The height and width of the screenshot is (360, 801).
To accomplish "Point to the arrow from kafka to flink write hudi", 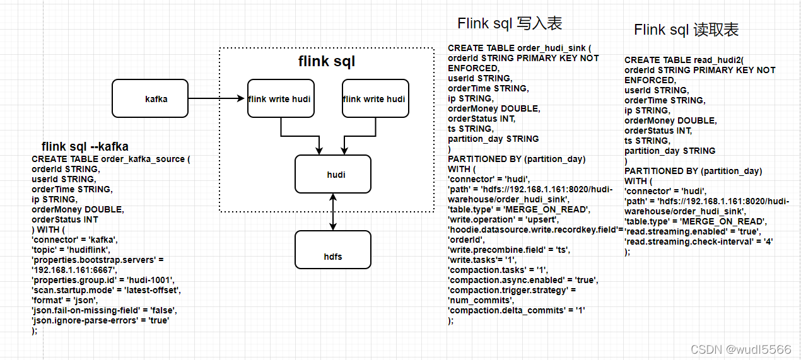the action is point(216,98).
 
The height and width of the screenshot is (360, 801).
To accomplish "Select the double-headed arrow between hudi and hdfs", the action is point(333,212).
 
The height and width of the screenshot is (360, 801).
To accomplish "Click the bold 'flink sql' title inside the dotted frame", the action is point(327,61).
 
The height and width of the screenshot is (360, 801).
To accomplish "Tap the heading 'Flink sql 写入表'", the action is point(510,23).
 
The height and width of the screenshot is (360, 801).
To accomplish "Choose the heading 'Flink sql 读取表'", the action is point(686,30).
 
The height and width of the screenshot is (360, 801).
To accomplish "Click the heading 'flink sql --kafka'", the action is point(85,146).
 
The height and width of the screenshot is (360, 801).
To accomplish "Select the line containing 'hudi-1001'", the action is point(103,280).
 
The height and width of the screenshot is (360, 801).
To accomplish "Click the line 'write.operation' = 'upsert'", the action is point(503,219).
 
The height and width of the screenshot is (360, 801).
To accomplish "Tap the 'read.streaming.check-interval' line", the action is point(699,241).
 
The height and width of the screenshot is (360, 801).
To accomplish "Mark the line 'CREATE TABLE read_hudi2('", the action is point(684,60).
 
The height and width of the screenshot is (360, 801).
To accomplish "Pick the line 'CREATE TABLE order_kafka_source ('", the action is point(111,159).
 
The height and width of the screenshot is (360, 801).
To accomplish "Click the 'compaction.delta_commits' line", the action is point(517,310).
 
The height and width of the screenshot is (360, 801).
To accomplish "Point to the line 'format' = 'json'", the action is point(65,300).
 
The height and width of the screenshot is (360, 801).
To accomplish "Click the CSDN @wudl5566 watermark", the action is point(741,349).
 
